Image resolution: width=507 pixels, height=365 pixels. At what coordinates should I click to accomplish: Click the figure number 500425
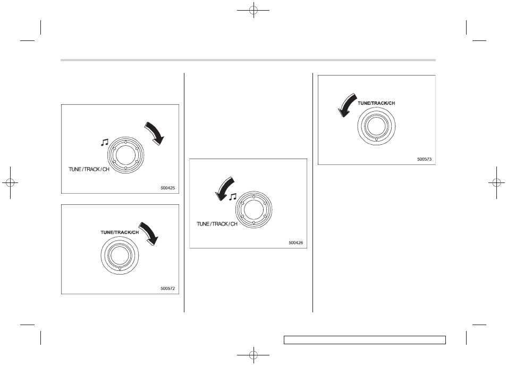[x=167, y=188]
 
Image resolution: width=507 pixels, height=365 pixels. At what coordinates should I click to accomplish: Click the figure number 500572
[x=167, y=288]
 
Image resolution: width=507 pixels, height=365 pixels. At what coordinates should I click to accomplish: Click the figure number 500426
[x=296, y=243]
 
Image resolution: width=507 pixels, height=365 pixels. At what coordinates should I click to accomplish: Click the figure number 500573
[x=424, y=159]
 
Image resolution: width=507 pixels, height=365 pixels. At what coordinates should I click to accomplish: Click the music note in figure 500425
[x=105, y=143]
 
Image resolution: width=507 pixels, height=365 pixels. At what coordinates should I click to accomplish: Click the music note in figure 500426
[x=233, y=197]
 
